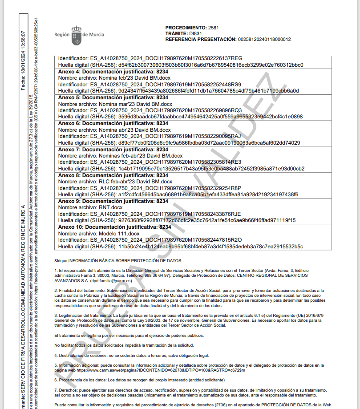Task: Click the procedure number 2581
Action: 214,28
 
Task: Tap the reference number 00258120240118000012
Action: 265,39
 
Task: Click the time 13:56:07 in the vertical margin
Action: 23,42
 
